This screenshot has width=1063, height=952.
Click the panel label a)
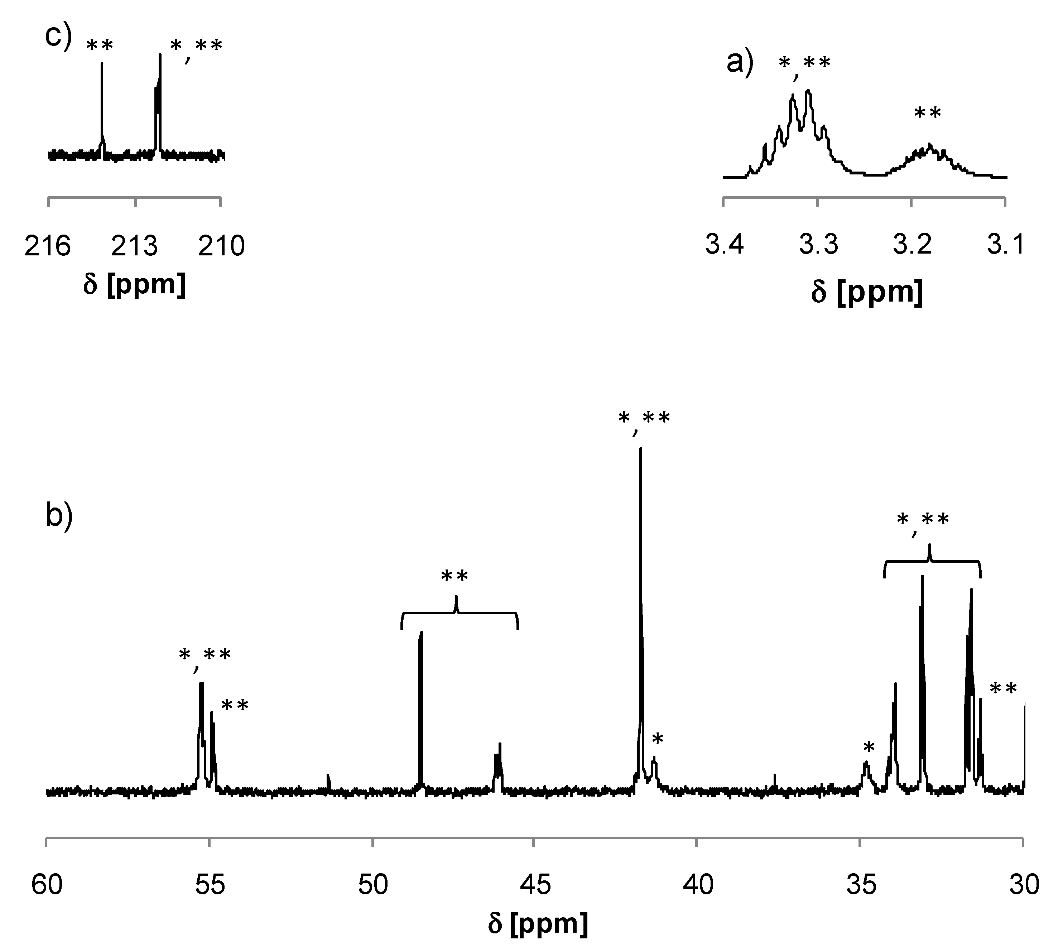pyautogui.click(x=740, y=63)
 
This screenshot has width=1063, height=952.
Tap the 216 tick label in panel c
pyautogui.click(x=48, y=245)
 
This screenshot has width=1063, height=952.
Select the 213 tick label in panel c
pyautogui.click(x=134, y=245)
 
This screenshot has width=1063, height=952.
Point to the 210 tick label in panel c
pyautogui.click(x=221, y=245)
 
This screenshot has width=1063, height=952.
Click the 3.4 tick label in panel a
pyautogui.click(x=725, y=244)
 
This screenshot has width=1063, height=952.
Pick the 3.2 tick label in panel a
pyautogui.click(x=912, y=244)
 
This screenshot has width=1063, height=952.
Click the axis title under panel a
pyautogui.click(x=867, y=291)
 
